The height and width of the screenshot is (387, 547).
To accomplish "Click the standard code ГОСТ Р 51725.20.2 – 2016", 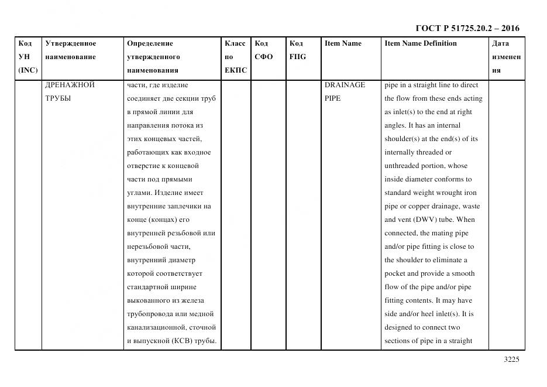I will coord(467,28).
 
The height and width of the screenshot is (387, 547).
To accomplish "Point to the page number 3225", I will coord(511,359).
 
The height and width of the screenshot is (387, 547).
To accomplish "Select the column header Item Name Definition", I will coord(420,43).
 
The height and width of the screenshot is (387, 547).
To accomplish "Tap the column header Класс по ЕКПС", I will coord(236,57).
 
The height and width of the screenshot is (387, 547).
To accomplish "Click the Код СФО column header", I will coord(264,50).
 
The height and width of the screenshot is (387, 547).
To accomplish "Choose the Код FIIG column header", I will coord(297,50).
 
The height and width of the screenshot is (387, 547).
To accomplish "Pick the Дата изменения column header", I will coord(506,57).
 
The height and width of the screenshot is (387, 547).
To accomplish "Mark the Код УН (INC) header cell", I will coord(27,57).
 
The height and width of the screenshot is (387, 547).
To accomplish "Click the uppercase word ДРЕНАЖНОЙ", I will coord(70,85).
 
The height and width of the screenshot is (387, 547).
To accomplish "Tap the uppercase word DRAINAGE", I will coord(345,85).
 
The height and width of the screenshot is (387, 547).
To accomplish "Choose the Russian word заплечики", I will coord(188,207).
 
